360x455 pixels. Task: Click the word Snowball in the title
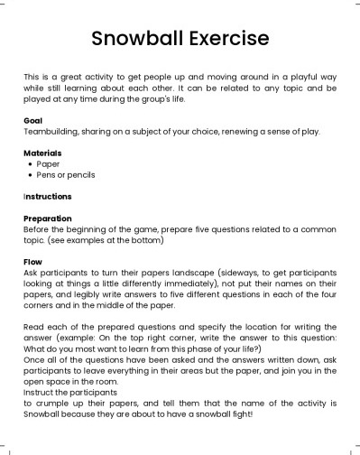click(135, 39)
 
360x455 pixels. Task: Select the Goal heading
click(32, 119)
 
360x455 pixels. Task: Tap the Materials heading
click(42, 153)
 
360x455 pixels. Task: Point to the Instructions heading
click(48, 196)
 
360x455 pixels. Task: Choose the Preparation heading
click(49, 218)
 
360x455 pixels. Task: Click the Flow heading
click(32, 261)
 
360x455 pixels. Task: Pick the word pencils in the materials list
click(79, 174)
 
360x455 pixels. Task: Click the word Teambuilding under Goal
click(51, 131)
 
